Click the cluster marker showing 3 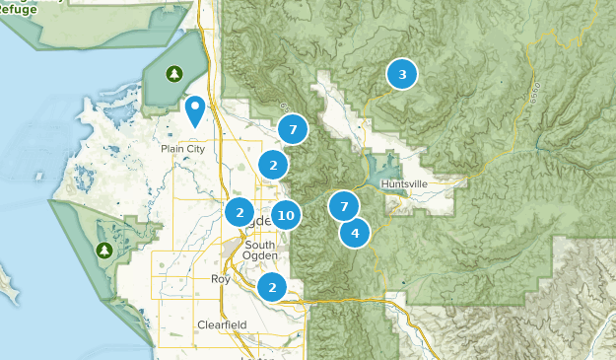pyautogui.click(x=401, y=74)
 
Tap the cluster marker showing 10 pyautogui.click(x=286, y=214)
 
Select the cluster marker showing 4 pyautogui.click(x=355, y=233)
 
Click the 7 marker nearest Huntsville pyautogui.click(x=343, y=206)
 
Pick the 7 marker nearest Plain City pyautogui.click(x=293, y=129)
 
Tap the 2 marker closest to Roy pyautogui.click(x=272, y=287)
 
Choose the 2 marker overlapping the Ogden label pyautogui.click(x=239, y=211)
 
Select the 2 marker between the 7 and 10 pyautogui.click(x=274, y=164)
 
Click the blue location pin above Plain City pyautogui.click(x=196, y=110)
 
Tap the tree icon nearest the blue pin pyautogui.click(x=174, y=74)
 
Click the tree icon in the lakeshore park pyautogui.click(x=103, y=251)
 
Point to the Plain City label pyautogui.click(x=184, y=149)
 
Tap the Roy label pyautogui.click(x=220, y=279)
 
